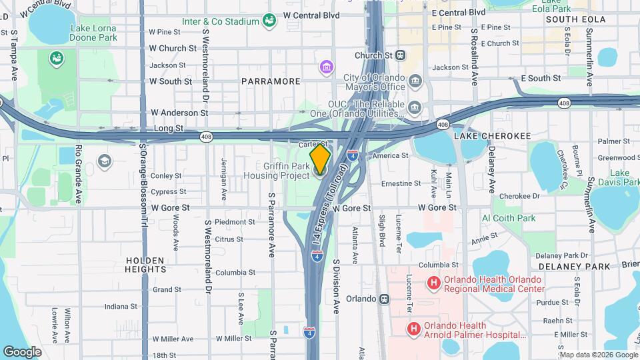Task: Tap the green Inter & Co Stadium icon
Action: pyautogui.click(x=269, y=21)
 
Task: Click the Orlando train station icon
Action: pyautogui.click(x=384, y=299)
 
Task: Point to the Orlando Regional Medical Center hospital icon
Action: pyautogui.click(x=434, y=284)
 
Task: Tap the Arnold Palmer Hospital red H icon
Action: pyautogui.click(x=414, y=328)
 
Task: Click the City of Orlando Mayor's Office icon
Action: pyautogui.click(x=416, y=82)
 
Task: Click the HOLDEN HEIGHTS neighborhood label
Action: pyautogui.click(x=145, y=265)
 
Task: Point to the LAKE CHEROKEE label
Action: pyautogui.click(x=493, y=136)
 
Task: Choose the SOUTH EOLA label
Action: pyautogui.click(x=569, y=20)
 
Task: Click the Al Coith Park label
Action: pyautogui.click(x=509, y=218)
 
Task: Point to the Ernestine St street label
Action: pyautogui.click(x=401, y=183)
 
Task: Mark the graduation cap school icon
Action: pyautogui.click(x=104, y=161)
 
